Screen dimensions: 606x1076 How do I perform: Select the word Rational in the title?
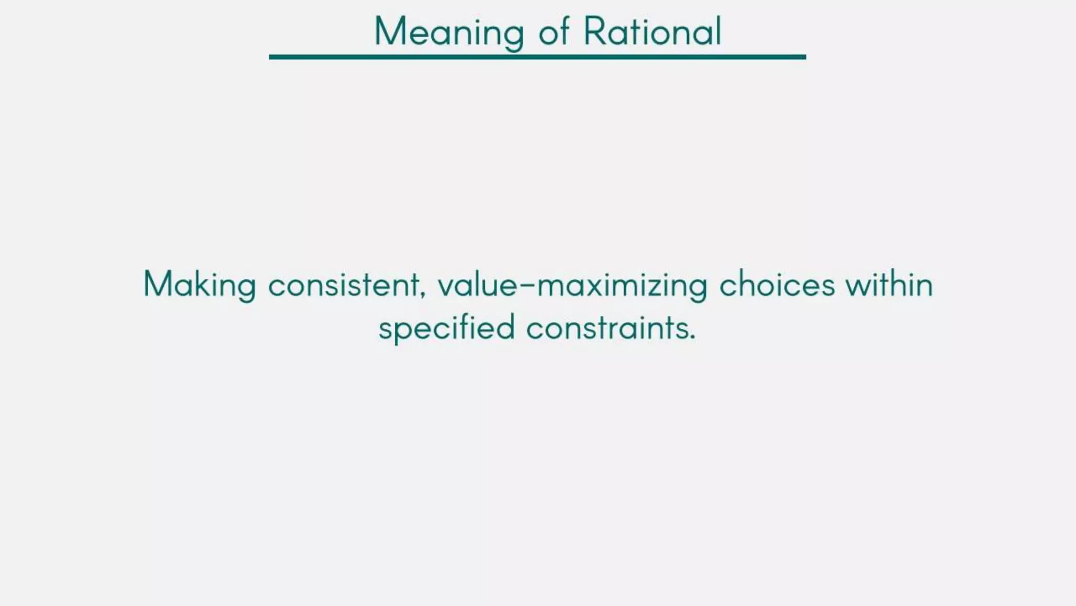coord(653,32)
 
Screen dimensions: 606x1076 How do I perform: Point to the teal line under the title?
coord(537,57)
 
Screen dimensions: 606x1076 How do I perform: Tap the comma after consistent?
coord(423,293)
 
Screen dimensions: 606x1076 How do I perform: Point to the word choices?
coord(777,285)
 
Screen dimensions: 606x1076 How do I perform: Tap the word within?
coord(889,285)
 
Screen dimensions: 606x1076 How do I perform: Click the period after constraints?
coord(692,337)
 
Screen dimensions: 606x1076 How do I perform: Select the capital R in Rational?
coord(595,32)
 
